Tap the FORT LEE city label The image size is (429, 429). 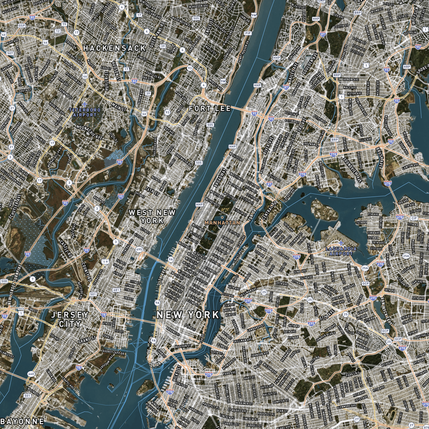coord(210,108)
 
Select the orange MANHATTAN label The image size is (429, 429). coord(222,221)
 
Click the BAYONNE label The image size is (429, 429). coord(23,421)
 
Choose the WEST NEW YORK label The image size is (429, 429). coord(152,217)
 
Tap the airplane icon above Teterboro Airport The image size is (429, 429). coord(83,103)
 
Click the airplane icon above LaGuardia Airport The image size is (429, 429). coord(344,243)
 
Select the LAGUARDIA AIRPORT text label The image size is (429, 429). coord(343,252)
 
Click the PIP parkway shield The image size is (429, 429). coord(248,33)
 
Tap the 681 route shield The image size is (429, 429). coord(116,290)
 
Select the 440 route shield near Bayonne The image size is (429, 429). coord(31,374)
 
